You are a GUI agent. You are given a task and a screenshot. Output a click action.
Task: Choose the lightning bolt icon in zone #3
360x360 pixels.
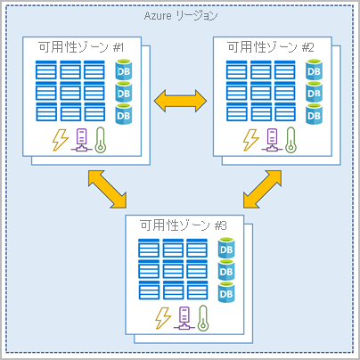click(x=162, y=317)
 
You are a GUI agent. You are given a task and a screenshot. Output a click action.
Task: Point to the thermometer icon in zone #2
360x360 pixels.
click(x=294, y=139)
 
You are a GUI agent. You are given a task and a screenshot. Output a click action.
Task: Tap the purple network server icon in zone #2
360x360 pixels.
click(x=274, y=139)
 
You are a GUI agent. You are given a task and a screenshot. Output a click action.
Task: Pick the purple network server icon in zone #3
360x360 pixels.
click(x=185, y=317)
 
